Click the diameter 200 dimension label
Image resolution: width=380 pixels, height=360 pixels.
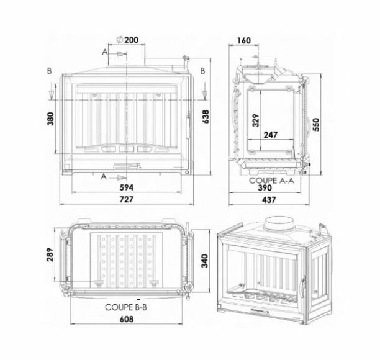(128, 40)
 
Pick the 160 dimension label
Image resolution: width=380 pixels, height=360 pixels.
(243, 40)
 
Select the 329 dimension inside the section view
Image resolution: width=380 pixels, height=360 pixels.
(255, 120)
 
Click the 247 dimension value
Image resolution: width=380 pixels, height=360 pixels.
(271, 134)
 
